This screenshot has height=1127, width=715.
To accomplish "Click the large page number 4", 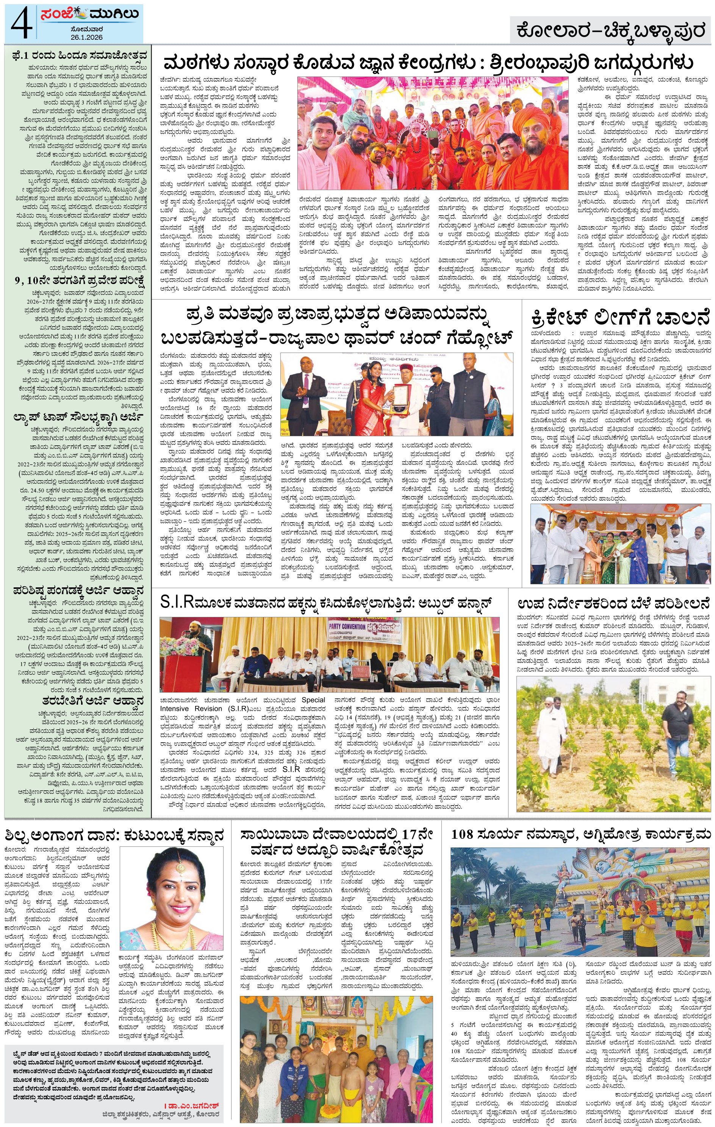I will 20,24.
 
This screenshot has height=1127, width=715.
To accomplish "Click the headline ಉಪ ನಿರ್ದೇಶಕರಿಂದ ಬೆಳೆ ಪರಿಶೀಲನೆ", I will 614,603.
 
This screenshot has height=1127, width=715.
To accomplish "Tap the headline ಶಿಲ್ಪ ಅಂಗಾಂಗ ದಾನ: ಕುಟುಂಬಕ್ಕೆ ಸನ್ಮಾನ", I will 114,835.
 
